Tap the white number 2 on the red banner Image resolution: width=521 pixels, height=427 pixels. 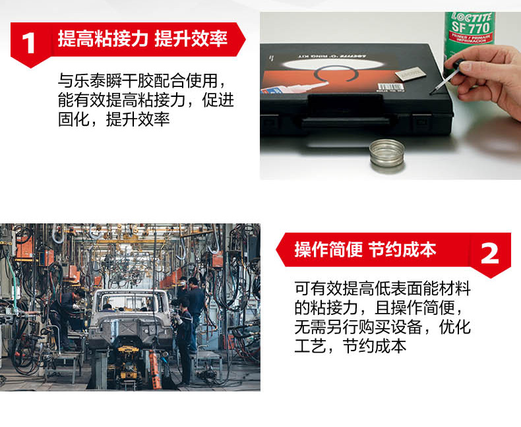(x=490, y=254)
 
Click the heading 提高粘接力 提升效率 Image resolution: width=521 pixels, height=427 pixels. (x=142, y=38)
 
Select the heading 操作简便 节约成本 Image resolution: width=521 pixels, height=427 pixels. (x=365, y=250)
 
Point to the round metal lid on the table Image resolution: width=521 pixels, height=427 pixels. (x=387, y=156)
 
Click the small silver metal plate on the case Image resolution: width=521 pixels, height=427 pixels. (x=410, y=74)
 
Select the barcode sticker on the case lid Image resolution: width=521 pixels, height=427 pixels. (x=387, y=88)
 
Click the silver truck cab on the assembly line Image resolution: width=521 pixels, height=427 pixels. (x=131, y=319)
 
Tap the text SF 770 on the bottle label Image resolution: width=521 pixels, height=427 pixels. (x=471, y=27)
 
